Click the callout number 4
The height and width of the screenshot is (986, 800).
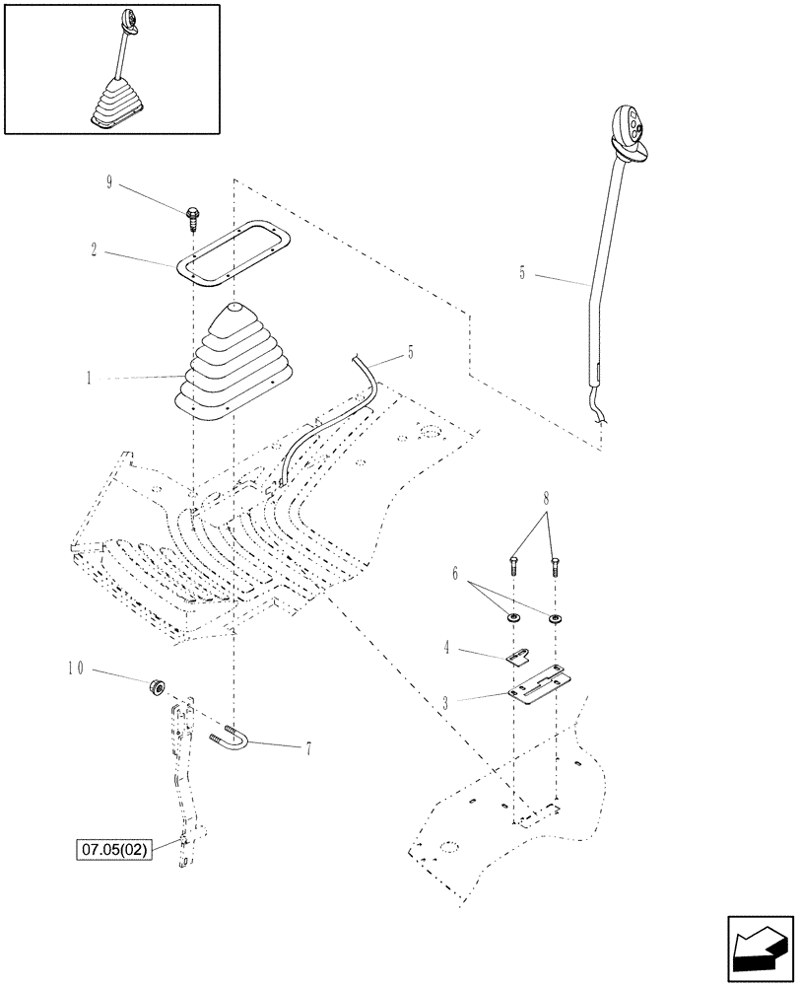pos(446,648)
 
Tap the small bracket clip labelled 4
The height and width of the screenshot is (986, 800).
pos(518,656)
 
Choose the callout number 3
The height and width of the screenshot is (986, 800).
pos(445,702)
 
